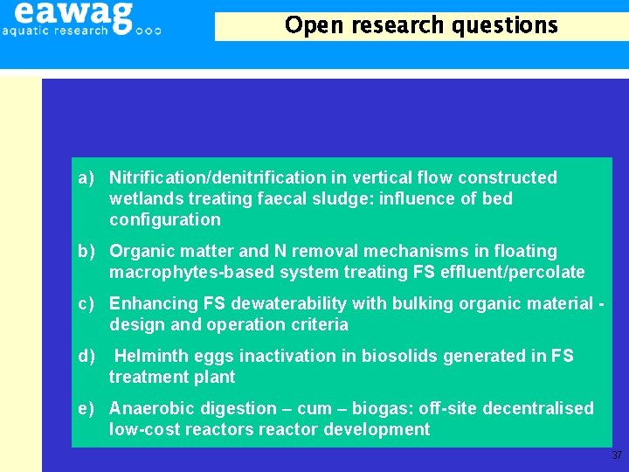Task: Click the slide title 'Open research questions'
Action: tap(421, 25)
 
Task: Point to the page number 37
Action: tap(617, 455)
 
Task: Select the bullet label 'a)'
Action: tap(86, 178)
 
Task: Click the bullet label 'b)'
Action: tap(86, 252)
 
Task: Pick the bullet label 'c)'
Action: tap(86, 304)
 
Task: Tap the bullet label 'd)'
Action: tap(86, 357)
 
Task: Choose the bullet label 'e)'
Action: tap(86, 409)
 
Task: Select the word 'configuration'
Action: tap(164, 220)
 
